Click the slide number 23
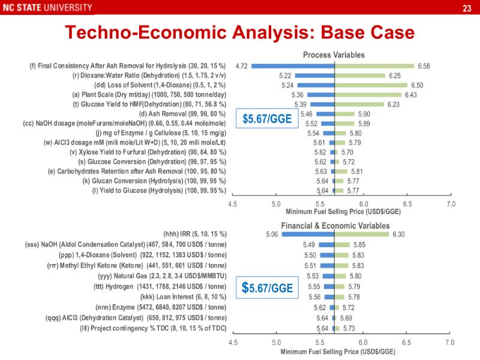467,8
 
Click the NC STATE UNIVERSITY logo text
47,8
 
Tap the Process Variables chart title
334,55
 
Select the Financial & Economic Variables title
334,226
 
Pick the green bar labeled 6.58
374,66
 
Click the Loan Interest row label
183,297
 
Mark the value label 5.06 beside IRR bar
271,235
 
